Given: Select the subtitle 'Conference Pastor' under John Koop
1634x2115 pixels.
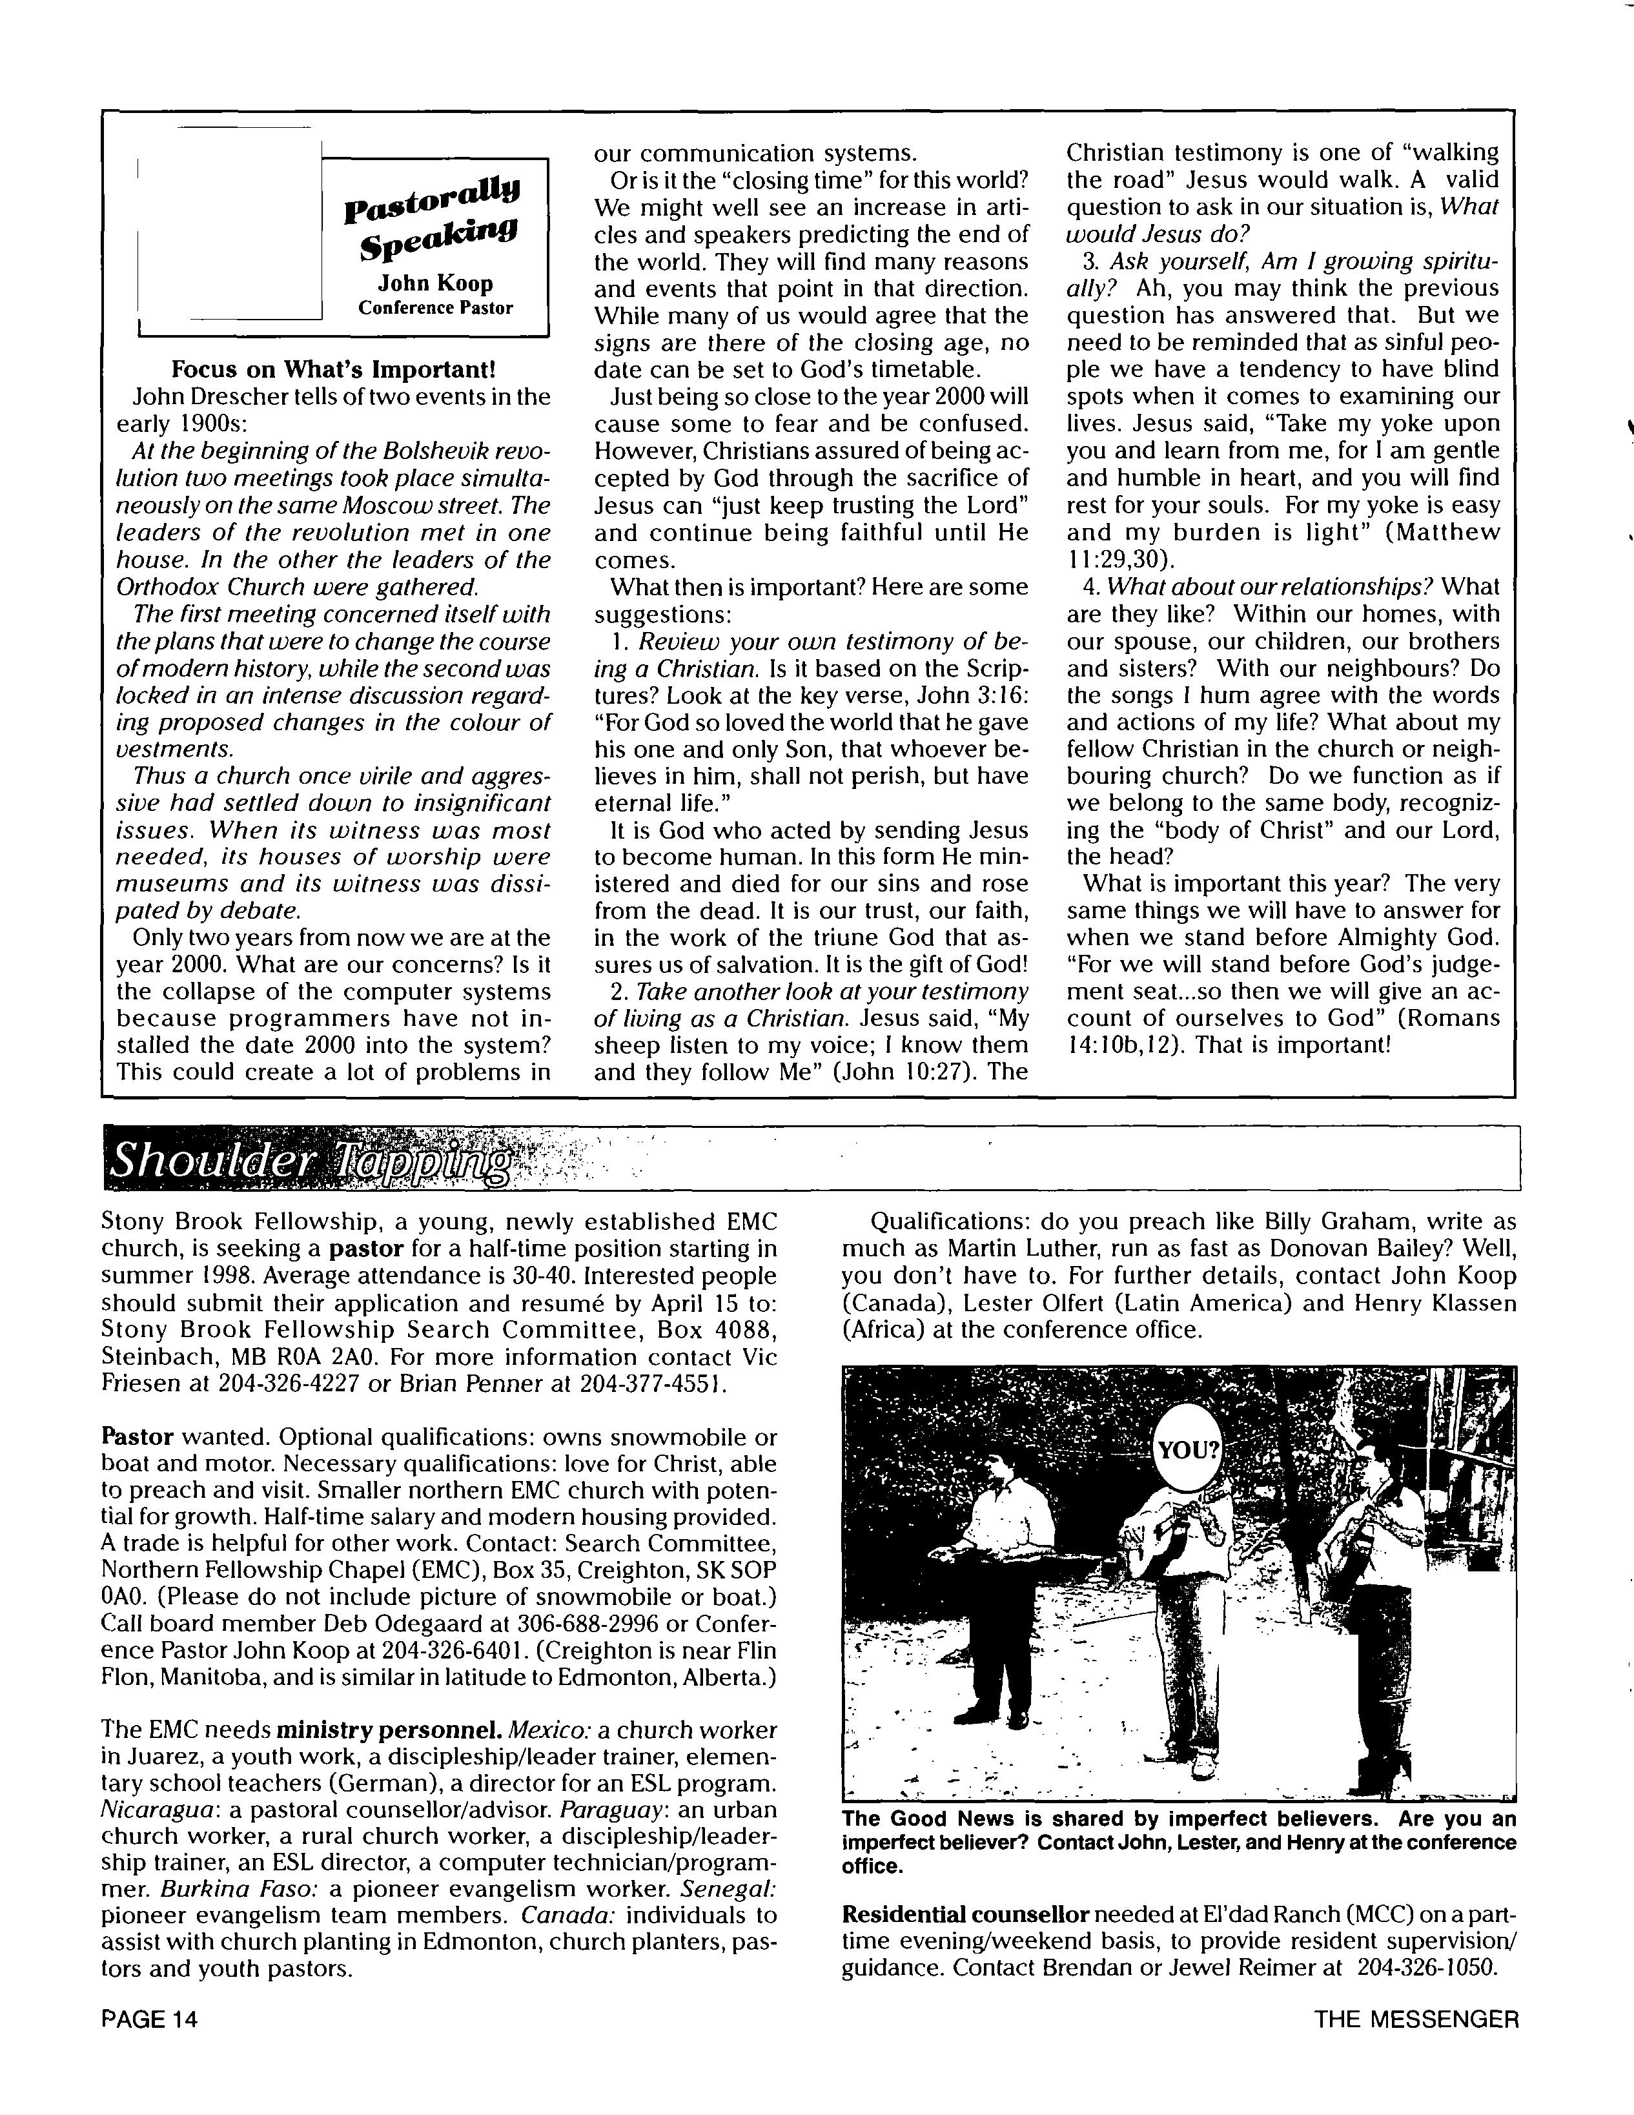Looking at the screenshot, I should (435, 308).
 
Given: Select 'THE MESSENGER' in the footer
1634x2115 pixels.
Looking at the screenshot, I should (1416, 2018).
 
